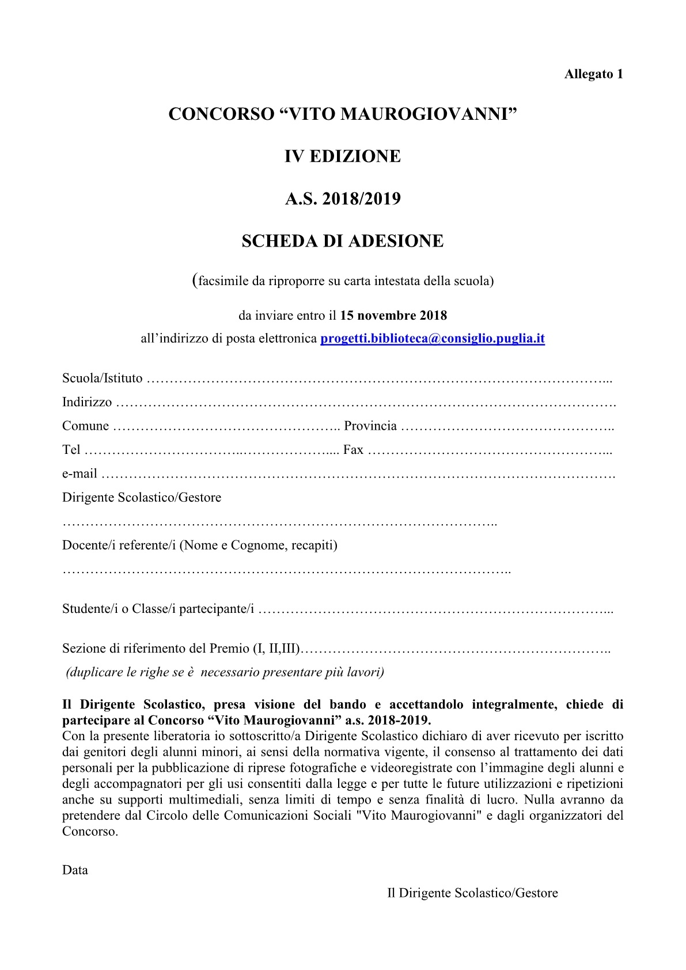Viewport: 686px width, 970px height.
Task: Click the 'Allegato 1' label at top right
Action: coord(593,74)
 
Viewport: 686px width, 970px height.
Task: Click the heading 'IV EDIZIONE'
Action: coord(342,157)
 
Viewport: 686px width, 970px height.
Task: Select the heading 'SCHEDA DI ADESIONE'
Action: coord(342,241)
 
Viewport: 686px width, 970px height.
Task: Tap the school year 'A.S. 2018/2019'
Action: coord(343,199)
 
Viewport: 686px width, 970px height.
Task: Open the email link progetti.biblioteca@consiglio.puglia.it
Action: coord(432,339)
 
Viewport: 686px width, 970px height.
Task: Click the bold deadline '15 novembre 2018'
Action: coord(393,316)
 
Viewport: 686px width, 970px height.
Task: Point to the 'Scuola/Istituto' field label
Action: coord(102,378)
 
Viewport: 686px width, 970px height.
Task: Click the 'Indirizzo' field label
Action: coord(87,402)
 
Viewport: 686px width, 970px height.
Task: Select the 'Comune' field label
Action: coord(85,426)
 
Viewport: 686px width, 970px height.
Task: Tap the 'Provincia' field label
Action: coord(370,426)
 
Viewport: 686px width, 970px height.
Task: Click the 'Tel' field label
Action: coord(71,450)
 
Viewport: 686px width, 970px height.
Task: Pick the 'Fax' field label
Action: coord(353,450)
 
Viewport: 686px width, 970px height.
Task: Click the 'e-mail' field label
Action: coord(79,473)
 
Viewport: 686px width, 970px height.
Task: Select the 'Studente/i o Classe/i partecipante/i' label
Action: coord(158,609)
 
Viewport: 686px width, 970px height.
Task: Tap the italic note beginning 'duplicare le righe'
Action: coord(225,672)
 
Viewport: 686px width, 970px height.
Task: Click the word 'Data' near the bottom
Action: coord(75,870)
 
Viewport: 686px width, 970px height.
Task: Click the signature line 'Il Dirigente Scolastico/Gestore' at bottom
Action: coord(472,893)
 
